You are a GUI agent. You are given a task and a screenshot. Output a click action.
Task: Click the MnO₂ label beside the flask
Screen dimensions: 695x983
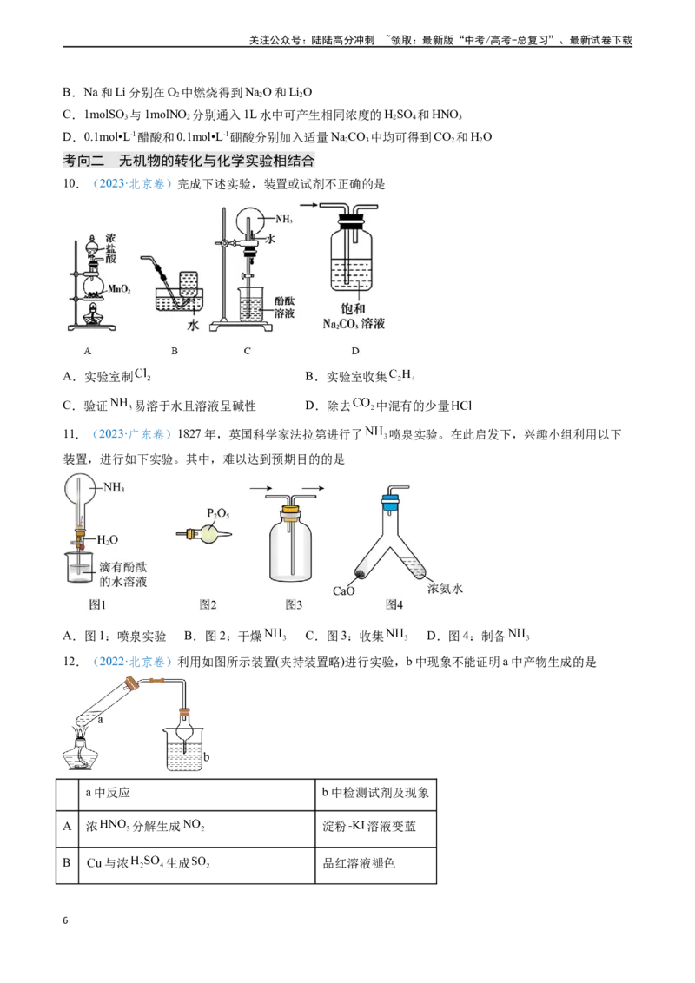pyautogui.click(x=119, y=289)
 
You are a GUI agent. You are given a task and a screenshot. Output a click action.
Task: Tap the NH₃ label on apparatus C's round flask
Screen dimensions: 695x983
pyautogui.click(x=284, y=220)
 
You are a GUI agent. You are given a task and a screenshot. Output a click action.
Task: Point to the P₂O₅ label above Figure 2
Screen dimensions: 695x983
pyautogui.click(x=218, y=513)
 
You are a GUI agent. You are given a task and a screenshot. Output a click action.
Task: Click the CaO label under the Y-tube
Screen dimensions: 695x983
pyautogui.click(x=344, y=590)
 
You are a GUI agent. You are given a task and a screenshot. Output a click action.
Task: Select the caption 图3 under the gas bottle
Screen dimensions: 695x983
pyautogui.click(x=294, y=604)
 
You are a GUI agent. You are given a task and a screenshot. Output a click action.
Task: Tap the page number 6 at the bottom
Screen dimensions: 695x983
pyautogui.click(x=65, y=920)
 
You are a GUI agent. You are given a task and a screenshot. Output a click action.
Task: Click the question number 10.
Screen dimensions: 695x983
pyautogui.click(x=71, y=184)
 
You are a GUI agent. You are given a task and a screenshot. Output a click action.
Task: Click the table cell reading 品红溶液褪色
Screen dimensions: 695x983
pyautogui.click(x=359, y=863)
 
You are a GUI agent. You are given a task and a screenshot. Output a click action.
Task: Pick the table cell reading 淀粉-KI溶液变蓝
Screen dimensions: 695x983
pyautogui.click(x=369, y=826)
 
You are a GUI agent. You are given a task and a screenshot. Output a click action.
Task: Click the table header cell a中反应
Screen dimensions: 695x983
pyautogui.click(x=108, y=793)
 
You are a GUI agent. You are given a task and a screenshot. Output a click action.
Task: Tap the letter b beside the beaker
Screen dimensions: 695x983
pyautogui.click(x=207, y=756)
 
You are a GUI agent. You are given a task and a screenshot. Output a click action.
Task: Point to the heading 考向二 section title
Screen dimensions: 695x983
pyautogui.click(x=189, y=161)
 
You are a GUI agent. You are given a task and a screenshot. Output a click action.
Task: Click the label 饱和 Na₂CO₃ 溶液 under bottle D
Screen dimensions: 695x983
pyautogui.click(x=354, y=316)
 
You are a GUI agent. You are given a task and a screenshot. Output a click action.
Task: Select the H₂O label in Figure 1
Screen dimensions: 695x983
pyautogui.click(x=107, y=540)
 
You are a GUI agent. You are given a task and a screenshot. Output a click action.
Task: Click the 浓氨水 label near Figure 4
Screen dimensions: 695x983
pyautogui.click(x=445, y=588)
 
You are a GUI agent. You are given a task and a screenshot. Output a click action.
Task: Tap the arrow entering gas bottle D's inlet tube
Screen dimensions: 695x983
pyautogui.click(x=308, y=204)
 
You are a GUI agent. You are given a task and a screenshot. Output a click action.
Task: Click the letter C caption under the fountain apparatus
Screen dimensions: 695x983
pyautogui.click(x=247, y=351)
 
